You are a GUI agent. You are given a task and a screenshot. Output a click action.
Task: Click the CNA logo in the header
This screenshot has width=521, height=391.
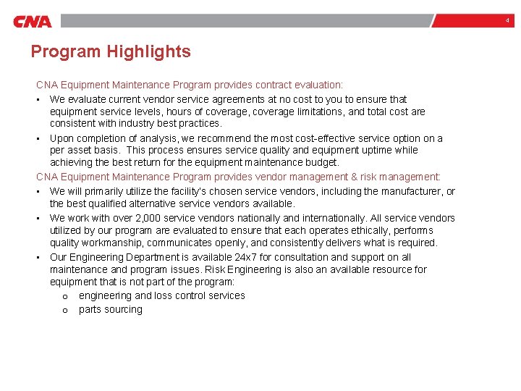click(33, 22)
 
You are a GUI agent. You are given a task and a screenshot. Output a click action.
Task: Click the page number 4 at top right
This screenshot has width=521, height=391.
click(507, 21)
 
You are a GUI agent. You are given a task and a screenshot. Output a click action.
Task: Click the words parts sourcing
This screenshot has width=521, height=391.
click(111, 309)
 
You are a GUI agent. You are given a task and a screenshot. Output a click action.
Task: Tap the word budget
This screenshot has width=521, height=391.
click(321, 162)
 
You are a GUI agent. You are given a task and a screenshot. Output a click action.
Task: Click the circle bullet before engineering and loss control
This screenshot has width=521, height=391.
click(65, 296)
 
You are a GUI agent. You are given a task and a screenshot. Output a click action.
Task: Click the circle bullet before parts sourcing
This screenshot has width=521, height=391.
click(65, 310)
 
